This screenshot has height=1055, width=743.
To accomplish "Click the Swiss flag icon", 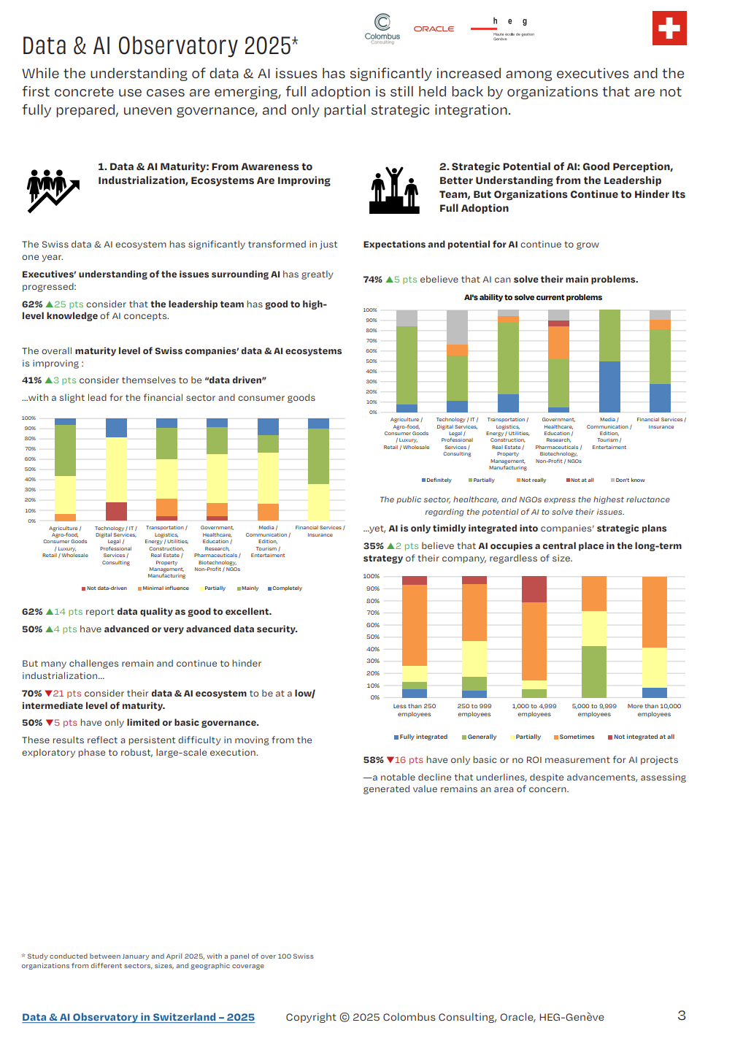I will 669,28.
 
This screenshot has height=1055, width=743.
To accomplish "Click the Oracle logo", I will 434,29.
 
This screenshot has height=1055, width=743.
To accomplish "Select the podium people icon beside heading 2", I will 394,191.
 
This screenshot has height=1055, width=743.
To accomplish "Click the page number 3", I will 682,1016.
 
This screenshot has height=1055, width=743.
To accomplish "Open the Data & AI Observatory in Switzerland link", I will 138,1017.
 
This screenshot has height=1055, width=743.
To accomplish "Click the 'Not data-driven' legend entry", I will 104,588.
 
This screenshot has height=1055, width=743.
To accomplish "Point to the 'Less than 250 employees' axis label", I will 415,710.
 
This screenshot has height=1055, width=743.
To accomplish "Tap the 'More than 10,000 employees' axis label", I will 654,710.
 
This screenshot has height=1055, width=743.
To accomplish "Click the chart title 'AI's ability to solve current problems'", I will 533,298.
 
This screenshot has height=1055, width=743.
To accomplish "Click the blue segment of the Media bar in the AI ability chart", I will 609,387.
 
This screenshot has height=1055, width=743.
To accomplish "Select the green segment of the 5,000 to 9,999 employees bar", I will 594,672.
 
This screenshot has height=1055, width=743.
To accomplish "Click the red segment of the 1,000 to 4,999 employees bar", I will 534,589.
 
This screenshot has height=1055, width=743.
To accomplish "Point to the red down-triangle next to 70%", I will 48,694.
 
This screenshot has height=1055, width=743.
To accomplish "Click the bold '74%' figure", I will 372,280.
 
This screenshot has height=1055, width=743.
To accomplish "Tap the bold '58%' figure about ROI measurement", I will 373,760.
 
